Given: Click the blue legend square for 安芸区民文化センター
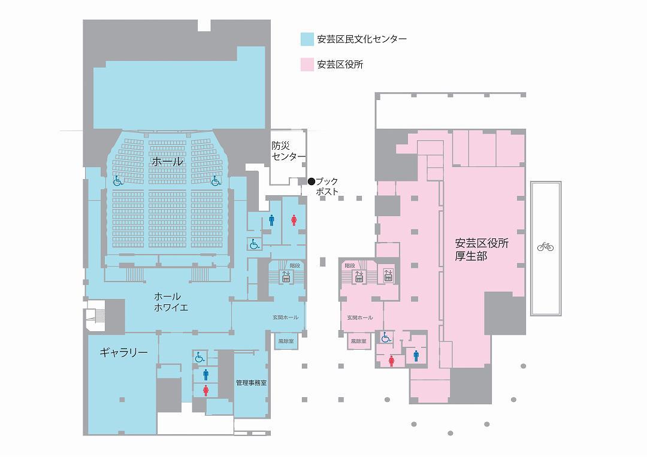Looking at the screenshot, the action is pos(307,39).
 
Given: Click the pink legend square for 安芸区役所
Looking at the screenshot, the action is pos(307,65).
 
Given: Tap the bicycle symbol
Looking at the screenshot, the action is pos(546,247).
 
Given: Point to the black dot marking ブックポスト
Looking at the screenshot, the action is pos(312,181).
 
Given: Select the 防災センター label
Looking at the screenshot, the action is pos(288,151).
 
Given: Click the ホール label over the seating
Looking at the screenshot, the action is pos(168,161).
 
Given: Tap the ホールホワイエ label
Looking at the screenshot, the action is pos(171,301).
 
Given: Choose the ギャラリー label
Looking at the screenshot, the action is pos(123,353).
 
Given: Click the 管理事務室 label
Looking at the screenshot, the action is pos(251,383).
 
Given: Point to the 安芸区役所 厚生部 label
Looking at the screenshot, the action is pos(482,250).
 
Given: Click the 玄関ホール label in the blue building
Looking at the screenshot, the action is pos(285,317).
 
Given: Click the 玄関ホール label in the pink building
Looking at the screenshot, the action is pos(360,317).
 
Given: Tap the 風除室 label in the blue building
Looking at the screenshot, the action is pos(286,341).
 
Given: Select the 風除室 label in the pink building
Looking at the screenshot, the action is pos(359,341).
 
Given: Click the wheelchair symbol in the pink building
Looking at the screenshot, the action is pos(386,338).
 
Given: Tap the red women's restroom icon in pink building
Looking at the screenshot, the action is pos(391,362).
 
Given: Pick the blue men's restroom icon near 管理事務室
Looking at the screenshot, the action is pos(205,374).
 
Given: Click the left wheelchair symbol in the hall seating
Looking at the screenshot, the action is pos(117,181).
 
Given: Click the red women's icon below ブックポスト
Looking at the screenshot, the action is pos(294,220).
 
